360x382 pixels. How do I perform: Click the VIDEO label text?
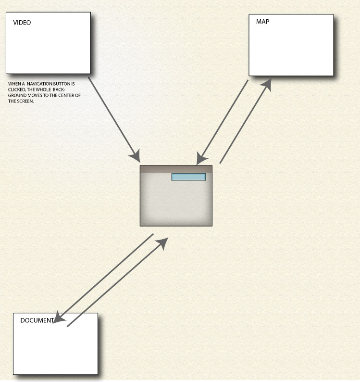click(22, 23)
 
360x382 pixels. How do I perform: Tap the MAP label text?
click(262, 22)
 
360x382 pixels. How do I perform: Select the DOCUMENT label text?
click(37, 320)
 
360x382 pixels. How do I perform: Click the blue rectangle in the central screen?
click(188, 177)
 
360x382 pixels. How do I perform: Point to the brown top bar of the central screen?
click(176, 169)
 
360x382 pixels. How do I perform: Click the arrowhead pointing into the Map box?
click(266, 85)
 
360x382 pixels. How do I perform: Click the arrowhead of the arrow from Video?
click(135, 156)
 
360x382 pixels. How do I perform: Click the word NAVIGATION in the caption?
click(42, 84)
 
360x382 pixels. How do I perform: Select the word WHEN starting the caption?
click(14, 84)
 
